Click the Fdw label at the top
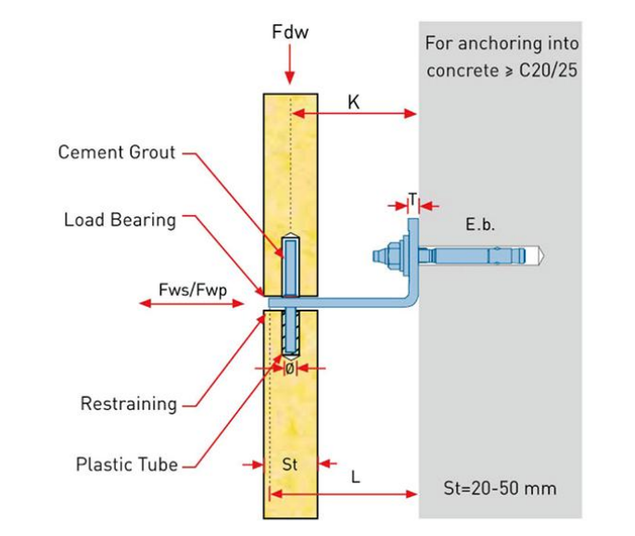290,33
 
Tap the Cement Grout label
117,152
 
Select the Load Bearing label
120,220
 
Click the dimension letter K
353,101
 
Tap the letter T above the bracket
412,198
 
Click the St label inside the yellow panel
290,461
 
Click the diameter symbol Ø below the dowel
288,368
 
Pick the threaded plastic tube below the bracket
289,333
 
